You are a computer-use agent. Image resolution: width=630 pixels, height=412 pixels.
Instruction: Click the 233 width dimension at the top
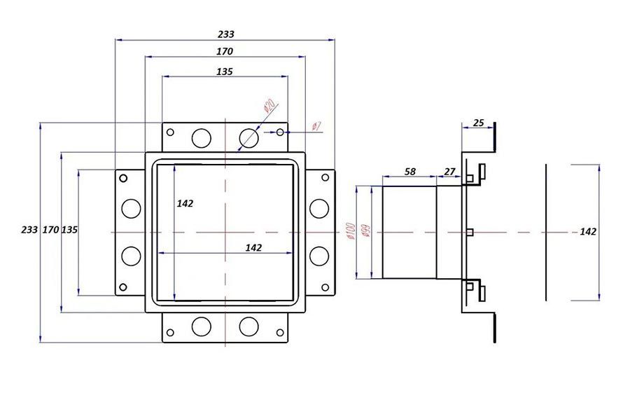225,34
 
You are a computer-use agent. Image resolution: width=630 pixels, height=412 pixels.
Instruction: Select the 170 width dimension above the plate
225,51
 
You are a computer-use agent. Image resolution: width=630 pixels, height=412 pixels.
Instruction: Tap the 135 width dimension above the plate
225,71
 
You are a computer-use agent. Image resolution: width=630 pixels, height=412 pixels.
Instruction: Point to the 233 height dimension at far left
29,230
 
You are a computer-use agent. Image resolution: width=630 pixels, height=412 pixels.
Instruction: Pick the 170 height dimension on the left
50,230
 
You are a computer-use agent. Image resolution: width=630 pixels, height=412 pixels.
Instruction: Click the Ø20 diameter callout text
269,109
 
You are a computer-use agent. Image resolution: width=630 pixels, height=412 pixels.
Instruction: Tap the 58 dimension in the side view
410,171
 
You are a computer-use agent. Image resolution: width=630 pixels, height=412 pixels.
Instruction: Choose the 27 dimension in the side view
449,171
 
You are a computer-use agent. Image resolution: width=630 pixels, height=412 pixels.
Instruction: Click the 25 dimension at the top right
479,123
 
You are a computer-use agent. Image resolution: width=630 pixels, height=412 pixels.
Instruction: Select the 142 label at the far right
588,232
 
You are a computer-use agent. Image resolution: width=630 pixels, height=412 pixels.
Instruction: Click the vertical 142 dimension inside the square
185,203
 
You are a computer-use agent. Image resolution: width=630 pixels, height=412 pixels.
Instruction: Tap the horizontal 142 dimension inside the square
253,247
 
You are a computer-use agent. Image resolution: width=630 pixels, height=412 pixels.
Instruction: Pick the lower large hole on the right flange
319,255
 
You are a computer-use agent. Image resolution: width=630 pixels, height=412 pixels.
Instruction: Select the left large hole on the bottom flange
202,326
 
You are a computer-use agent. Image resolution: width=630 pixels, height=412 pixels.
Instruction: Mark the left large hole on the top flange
202,137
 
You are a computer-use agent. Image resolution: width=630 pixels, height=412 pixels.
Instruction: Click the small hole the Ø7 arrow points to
280,132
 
